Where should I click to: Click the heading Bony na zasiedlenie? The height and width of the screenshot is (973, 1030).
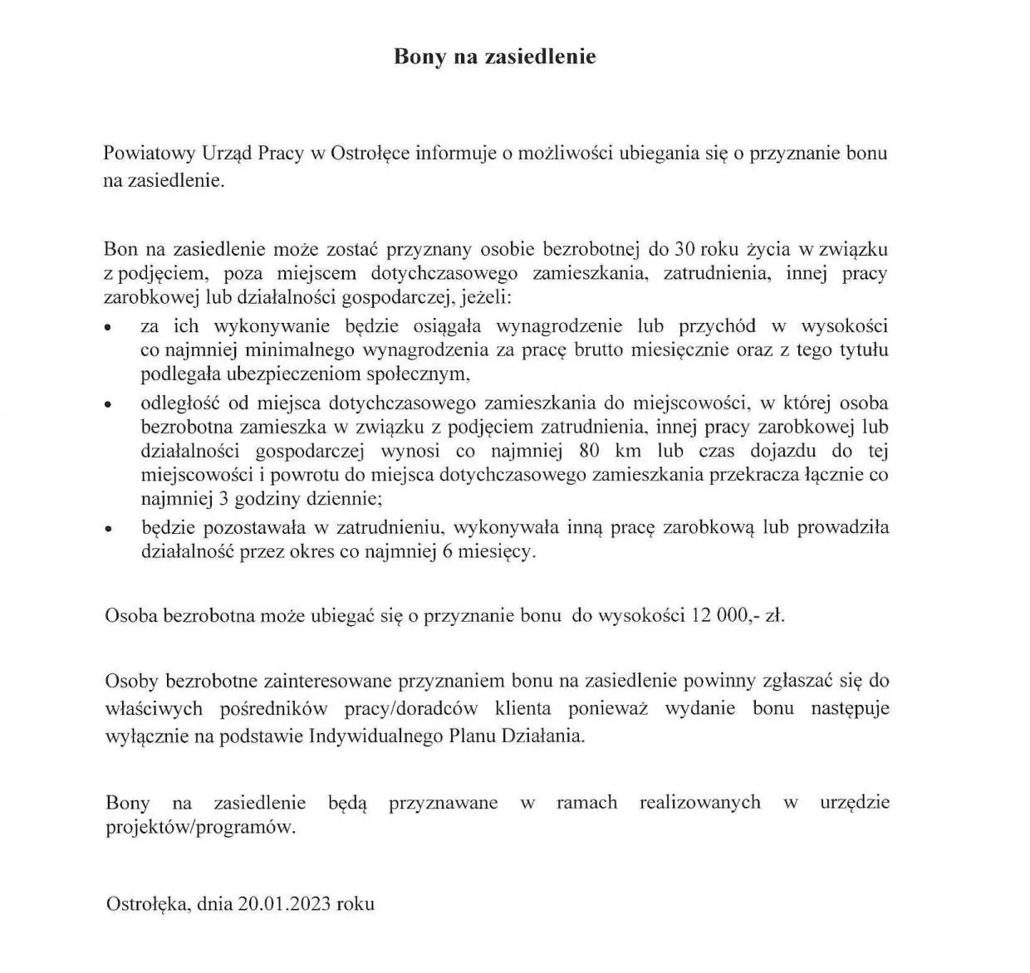coord(494,56)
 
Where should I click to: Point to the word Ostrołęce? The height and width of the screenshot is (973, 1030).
coord(370,154)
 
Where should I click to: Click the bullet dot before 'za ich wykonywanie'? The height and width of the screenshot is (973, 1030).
coord(108,329)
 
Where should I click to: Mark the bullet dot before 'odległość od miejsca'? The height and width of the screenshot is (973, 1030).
coord(108,406)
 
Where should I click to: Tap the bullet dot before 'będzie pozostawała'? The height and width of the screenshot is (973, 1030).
coord(108,529)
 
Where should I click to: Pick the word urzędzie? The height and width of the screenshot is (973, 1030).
coord(855,803)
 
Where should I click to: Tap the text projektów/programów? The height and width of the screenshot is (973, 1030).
coord(200,828)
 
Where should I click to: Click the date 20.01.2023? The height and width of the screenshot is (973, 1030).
coord(283,904)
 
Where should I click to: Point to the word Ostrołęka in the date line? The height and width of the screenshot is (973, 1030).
coord(148,904)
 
